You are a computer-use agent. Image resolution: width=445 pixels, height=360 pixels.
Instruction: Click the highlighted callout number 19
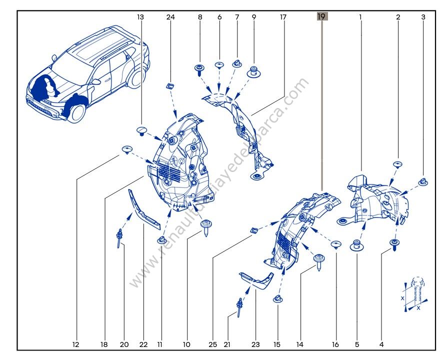(321, 16)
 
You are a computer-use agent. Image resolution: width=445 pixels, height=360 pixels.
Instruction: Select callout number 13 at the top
(140, 17)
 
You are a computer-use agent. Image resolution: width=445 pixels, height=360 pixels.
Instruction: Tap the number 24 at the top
(170, 17)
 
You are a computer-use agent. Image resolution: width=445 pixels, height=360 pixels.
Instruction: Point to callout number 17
(283, 17)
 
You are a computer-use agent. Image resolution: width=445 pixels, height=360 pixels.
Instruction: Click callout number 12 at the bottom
(76, 344)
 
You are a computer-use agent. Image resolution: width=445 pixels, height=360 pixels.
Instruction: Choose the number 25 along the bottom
(212, 344)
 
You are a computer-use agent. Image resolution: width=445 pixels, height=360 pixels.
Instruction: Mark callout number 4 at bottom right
(381, 344)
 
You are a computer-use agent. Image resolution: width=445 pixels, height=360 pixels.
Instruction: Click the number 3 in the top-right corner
(423, 17)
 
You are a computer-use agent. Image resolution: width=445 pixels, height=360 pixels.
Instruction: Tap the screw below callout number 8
(200, 69)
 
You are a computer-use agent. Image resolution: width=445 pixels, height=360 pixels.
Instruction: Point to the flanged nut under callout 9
(254, 72)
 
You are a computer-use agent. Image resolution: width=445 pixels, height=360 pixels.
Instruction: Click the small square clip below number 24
(170, 86)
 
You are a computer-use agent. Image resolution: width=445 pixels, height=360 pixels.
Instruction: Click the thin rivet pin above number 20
(120, 237)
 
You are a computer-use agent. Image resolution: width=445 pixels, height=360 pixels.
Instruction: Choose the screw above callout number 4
(395, 244)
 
